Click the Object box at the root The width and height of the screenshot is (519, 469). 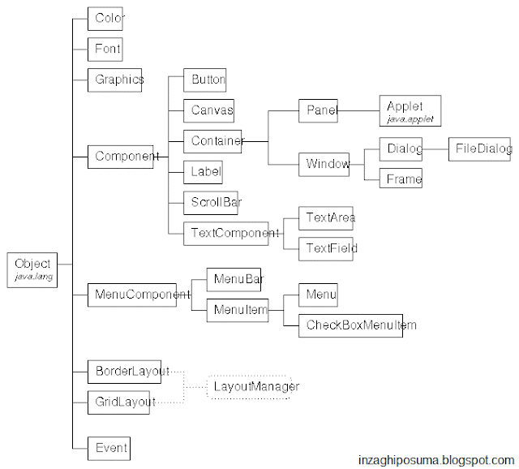33,269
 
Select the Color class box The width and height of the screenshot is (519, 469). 109,18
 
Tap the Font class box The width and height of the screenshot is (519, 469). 107,49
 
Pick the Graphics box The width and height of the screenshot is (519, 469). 118,80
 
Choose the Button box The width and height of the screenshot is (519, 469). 205,80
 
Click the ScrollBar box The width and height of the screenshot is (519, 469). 213,201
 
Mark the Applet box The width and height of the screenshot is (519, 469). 410,111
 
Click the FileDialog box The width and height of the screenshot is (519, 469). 480,149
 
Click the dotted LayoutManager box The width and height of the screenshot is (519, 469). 255,386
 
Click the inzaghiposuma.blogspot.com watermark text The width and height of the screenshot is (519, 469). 435,460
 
